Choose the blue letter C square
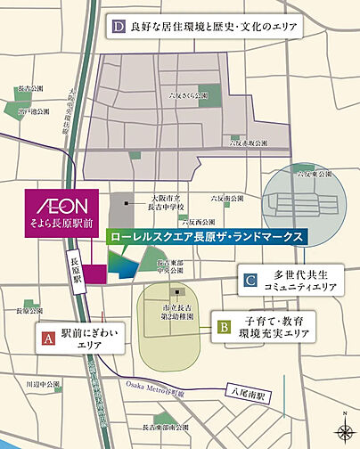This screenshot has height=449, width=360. point(251,282)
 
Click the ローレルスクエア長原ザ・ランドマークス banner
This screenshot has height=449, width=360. point(205,238)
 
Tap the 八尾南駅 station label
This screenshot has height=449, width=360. point(253,388)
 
